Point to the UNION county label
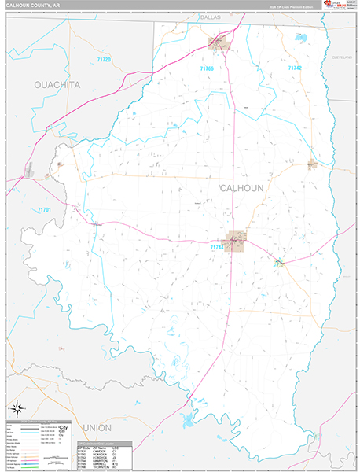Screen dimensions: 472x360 coord(93,427)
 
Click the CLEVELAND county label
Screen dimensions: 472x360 coord(343,58)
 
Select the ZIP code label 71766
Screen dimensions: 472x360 coord(206,68)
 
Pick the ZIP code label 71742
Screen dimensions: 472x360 coord(295,68)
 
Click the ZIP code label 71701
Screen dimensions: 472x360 coord(44,209)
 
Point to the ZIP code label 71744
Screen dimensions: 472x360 coord(217,248)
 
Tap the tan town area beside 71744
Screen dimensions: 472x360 coord(237,239)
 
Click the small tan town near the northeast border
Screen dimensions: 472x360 coord(312,164)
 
